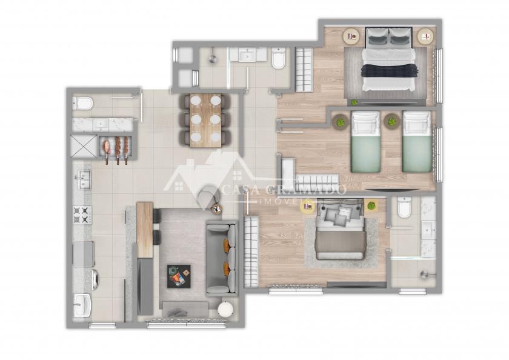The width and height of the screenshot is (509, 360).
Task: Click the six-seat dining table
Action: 205,120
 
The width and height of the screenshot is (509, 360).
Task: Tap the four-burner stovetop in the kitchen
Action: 82,215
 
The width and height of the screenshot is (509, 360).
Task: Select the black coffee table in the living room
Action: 179,276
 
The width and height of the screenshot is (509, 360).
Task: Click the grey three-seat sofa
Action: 222,258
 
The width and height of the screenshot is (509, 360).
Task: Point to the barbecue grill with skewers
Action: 115,148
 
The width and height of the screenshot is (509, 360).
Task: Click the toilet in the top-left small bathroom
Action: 82,103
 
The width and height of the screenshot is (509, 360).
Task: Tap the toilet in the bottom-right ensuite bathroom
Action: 405,207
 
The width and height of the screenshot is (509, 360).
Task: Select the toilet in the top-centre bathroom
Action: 279,58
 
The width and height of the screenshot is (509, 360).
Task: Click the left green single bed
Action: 365,142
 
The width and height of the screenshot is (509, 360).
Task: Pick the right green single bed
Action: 417,142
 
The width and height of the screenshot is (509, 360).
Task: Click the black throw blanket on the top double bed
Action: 388,70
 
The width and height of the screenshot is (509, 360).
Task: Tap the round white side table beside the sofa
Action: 225,309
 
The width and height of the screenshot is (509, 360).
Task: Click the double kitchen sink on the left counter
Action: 84,179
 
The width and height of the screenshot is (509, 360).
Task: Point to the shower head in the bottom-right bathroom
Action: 425,275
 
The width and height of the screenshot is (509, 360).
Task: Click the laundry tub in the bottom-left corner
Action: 82,305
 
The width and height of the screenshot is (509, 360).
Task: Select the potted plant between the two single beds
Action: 392,121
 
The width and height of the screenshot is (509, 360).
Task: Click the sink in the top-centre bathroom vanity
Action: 248,55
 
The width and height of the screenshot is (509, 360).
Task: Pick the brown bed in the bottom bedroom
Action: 339,230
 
